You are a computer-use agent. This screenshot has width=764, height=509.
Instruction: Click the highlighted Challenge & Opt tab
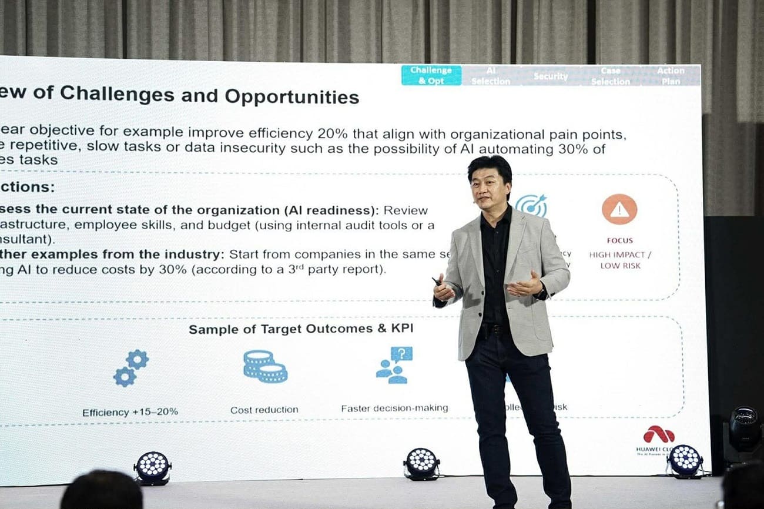pos(431,75)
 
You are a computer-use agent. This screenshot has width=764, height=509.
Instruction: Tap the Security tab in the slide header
pos(550,76)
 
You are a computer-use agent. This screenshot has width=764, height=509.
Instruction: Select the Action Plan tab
pos(671,75)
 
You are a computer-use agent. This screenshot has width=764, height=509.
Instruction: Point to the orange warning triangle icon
pos(619,209)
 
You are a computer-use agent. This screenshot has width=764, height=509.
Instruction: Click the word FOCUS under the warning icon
pos(620,240)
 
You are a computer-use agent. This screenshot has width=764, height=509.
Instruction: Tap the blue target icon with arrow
pos(531,205)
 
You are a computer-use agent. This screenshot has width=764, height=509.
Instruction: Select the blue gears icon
pos(131,367)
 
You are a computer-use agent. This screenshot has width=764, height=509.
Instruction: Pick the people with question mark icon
pos(394,365)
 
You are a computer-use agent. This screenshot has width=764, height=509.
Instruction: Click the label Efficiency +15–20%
pos(130,412)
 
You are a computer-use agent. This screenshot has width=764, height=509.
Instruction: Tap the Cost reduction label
pos(264,410)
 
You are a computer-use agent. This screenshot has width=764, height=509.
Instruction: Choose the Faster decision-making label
pos(394,408)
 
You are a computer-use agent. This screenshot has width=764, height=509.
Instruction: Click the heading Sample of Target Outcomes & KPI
pos(301,329)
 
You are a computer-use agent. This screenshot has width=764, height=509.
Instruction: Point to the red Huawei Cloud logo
pos(658,435)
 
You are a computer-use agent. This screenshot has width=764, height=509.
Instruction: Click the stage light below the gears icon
pos(152,468)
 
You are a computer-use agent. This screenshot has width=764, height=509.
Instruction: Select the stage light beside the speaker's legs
pos(421,463)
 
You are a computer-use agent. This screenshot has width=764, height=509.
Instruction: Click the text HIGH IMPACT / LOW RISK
pos(620,260)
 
